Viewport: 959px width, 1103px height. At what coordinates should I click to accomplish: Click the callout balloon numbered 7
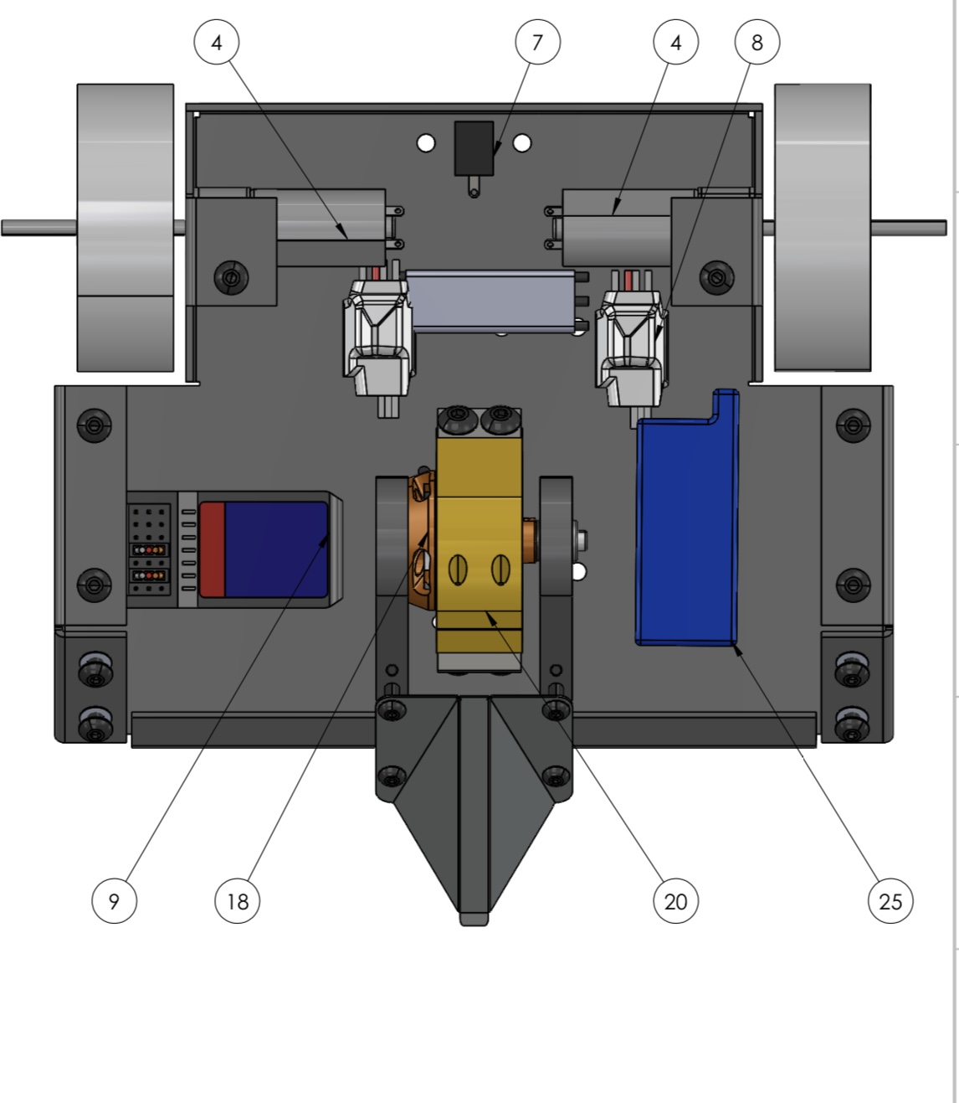[x=537, y=42]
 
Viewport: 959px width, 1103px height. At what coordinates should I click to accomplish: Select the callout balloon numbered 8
[x=757, y=42]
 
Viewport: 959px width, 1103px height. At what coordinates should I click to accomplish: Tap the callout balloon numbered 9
[x=114, y=901]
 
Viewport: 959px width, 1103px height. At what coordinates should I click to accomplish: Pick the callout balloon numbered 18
[x=238, y=901]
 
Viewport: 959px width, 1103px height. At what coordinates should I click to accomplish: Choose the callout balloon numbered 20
[x=676, y=901]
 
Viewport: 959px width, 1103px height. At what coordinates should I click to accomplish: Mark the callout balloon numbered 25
[x=890, y=901]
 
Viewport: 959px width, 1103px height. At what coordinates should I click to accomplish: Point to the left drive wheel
[x=126, y=228]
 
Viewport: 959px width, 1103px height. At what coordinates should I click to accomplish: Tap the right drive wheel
[x=823, y=228]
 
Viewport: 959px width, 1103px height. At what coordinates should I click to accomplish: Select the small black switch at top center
[x=474, y=149]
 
